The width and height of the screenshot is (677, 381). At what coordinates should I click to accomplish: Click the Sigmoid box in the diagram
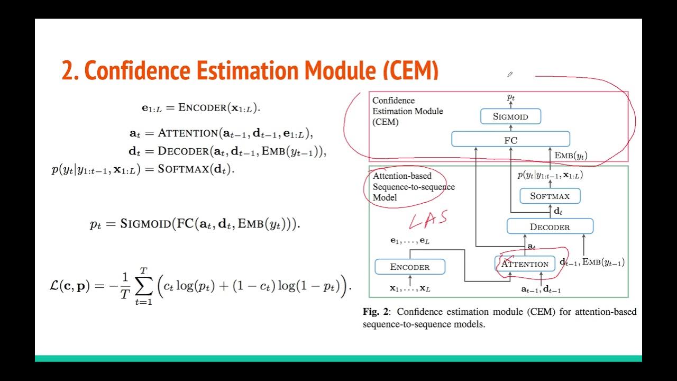click(510, 116)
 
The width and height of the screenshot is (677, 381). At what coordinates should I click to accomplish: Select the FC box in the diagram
click(510, 140)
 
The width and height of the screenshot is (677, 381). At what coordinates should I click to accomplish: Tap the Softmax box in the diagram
click(550, 196)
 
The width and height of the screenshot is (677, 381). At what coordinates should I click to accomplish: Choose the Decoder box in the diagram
click(550, 227)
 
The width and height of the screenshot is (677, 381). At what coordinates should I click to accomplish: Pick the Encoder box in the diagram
click(410, 267)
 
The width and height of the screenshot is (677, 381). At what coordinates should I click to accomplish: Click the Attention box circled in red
click(525, 264)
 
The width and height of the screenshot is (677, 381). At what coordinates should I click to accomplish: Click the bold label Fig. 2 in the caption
click(376, 312)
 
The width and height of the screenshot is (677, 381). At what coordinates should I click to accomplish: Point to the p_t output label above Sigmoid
click(511, 97)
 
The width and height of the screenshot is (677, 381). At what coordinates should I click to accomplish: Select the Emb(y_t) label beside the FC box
click(571, 156)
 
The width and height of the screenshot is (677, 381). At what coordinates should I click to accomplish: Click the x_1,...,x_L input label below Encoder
click(410, 288)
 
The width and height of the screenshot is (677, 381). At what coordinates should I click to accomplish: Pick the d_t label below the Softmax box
click(558, 211)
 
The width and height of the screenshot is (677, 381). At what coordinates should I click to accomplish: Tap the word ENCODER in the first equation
click(202, 107)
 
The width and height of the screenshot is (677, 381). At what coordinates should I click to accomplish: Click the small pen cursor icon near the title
click(509, 75)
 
